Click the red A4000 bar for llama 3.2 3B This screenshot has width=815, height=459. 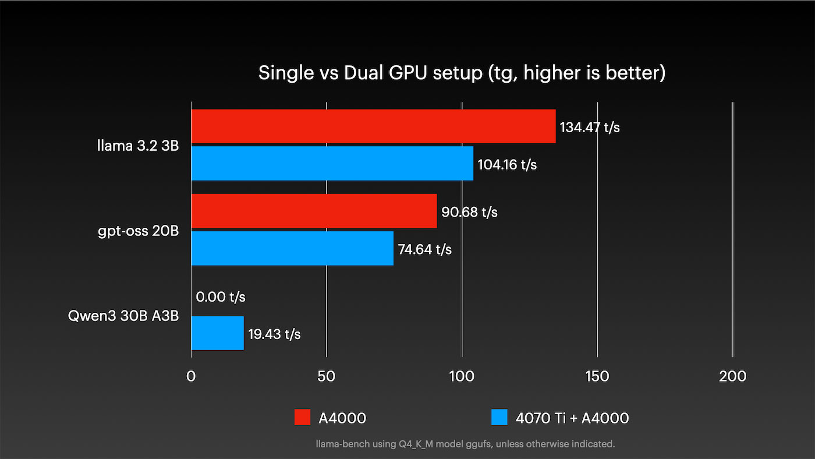[x=373, y=126]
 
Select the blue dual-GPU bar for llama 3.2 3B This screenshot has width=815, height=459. [x=332, y=164]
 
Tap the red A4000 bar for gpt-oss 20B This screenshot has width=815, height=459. [x=314, y=211]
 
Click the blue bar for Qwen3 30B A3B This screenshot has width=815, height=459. [x=217, y=333]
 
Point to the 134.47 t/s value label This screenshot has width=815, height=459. [x=589, y=127]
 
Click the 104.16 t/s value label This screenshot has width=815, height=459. [x=507, y=165]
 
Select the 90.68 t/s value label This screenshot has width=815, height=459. [x=469, y=212]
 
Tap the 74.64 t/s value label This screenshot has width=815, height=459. [x=425, y=249]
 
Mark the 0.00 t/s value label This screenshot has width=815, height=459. [x=221, y=297]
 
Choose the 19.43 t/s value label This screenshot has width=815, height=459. [x=274, y=334]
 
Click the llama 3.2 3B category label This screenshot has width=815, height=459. [x=137, y=146]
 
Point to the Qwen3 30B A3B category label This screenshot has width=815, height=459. [x=123, y=316]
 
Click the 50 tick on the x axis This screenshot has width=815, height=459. [x=327, y=376]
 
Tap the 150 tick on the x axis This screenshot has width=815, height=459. [x=597, y=376]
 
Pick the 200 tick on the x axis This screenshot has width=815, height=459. [x=732, y=376]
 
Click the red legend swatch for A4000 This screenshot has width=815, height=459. [x=303, y=418]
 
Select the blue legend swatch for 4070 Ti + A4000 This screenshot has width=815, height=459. [x=500, y=418]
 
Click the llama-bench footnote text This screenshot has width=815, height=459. [x=465, y=444]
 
